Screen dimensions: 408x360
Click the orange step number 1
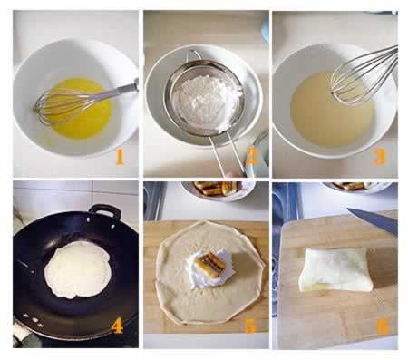click(120, 157)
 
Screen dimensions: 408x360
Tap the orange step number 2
click(252, 157)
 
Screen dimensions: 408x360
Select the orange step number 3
click(380, 157)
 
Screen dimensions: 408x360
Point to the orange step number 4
click(117, 326)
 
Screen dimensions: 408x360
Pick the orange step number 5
click(250, 326)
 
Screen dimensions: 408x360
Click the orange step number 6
click(383, 326)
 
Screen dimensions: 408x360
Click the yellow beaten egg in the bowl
click(81, 108)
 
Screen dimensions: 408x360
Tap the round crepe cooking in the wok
click(77, 269)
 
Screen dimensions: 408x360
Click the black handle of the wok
click(105, 210)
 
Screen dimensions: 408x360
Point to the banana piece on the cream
click(211, 265)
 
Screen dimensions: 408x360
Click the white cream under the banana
click(211, 269)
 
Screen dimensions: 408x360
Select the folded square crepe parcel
click(336, 269)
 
